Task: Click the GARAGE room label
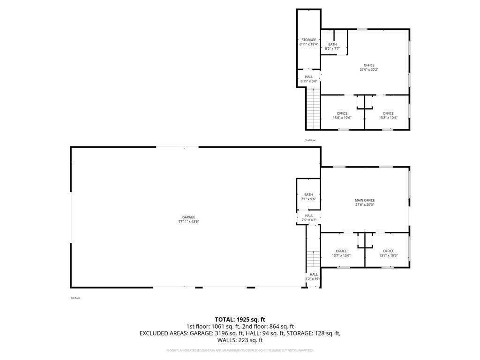(188, 217)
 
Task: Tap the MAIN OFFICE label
(364, 200)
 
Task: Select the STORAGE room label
(308, 40)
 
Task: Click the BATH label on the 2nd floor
(332, 45)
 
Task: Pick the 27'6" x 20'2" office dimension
(369, 69)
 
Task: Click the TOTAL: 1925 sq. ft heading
(240, 319)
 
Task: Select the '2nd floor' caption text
(310, 140)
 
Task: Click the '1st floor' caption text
(75, 298)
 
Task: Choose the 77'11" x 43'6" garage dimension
(188, 221)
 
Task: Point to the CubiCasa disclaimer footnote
(240, 350)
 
